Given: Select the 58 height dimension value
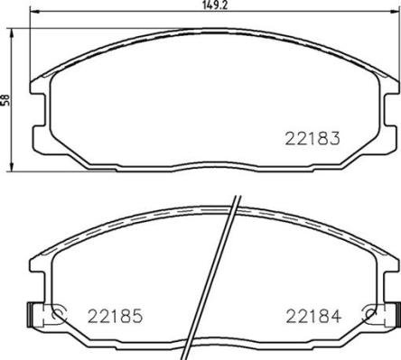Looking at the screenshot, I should point(5,101).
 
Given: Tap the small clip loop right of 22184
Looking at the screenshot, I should point(369,315).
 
